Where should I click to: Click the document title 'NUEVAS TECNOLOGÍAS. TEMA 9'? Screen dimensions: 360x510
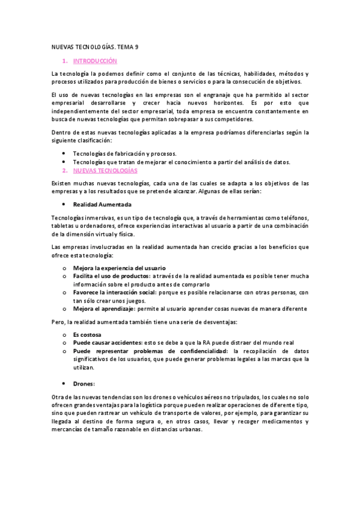(x=95, y=47)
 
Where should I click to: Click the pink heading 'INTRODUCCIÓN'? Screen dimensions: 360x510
(x=95, y=61)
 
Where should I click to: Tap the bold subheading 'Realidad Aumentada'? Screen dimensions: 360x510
(x=102, y=204)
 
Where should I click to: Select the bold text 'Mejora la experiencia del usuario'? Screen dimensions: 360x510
(x=119, y=268)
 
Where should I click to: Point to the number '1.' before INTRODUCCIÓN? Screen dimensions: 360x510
(x=65, y=61)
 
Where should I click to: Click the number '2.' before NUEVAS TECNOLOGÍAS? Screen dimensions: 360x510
(x=65, y=170)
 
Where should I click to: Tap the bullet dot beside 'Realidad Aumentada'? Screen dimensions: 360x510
(x=64, y=204)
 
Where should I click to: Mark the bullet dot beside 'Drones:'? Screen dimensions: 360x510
(x=64, y=383)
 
